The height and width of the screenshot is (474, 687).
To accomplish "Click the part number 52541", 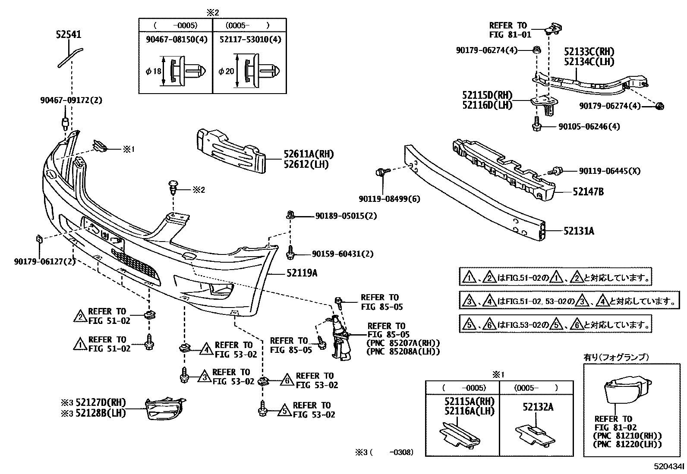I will coord(69,34).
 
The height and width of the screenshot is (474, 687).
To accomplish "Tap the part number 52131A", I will coord(578,231).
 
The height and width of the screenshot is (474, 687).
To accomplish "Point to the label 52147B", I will coord(588,192).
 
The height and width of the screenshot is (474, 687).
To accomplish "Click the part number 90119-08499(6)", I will coord(389,199).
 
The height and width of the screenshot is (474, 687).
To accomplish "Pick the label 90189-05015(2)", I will coord(346,216).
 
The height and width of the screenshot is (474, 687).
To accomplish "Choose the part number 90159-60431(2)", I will coord(344,254).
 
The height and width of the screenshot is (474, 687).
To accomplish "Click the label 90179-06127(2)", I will coord(44,261).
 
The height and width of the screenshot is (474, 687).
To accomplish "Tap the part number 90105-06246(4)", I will coord(589,127).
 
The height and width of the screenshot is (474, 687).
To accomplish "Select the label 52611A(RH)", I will coord(309,154).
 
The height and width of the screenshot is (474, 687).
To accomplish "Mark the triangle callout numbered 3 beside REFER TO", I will coord(204,377).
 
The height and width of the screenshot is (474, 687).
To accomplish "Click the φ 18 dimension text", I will coord(154,71).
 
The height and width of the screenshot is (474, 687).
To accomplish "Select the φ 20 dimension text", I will coord(226,71).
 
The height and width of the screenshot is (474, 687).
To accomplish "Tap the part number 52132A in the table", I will coord(538,407).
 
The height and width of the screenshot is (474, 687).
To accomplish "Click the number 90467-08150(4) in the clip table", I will coord(176,39).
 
